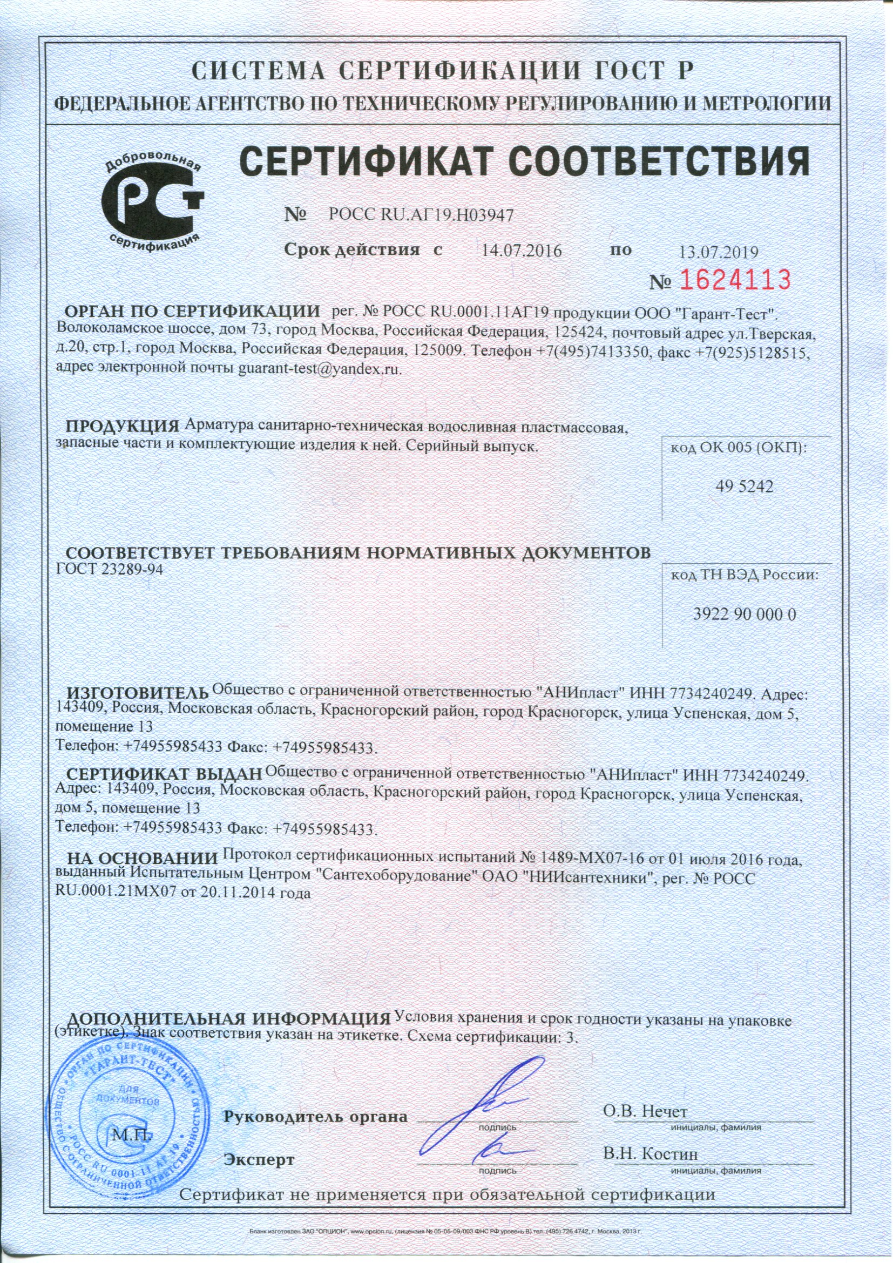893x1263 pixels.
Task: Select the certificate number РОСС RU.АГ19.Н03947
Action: (x=420, y=215)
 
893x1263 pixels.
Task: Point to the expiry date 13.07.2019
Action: (x=719, y=253)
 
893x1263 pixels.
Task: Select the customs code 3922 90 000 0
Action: (x=745, y=614)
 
